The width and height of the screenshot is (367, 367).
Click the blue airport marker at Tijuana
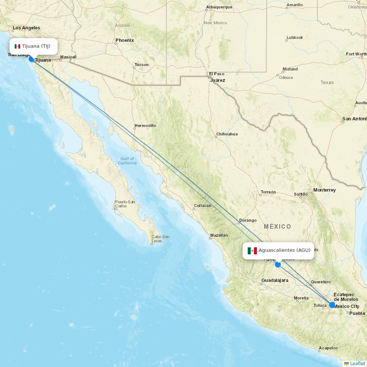click(32, 59)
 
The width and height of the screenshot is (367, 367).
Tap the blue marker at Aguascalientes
click(278, 264)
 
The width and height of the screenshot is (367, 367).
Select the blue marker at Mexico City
click(332, 305)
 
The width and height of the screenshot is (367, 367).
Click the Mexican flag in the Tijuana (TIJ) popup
click(17, 46)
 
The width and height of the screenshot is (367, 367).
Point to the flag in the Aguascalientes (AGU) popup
click(252, 251)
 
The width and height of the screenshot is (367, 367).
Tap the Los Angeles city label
click(26, 28)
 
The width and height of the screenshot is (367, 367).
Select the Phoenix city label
click(125, 40)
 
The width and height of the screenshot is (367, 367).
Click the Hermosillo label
click(145, 126)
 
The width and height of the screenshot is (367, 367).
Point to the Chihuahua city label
click(227, 134)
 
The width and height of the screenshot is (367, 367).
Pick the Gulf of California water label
click(127, 161)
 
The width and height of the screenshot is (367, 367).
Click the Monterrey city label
click(324, 190)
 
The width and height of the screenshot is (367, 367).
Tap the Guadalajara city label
click(275, 280)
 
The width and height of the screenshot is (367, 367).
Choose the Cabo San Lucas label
click(160, 239)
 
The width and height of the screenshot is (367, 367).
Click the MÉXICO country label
click(277, 226)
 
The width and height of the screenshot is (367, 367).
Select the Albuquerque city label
click(219, 7)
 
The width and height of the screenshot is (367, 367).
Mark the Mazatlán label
click(219, 235)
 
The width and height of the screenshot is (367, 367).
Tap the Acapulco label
click(328, 348)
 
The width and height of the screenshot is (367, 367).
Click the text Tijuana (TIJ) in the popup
click(36, 46)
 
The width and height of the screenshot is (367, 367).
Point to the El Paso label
click(217, 74)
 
